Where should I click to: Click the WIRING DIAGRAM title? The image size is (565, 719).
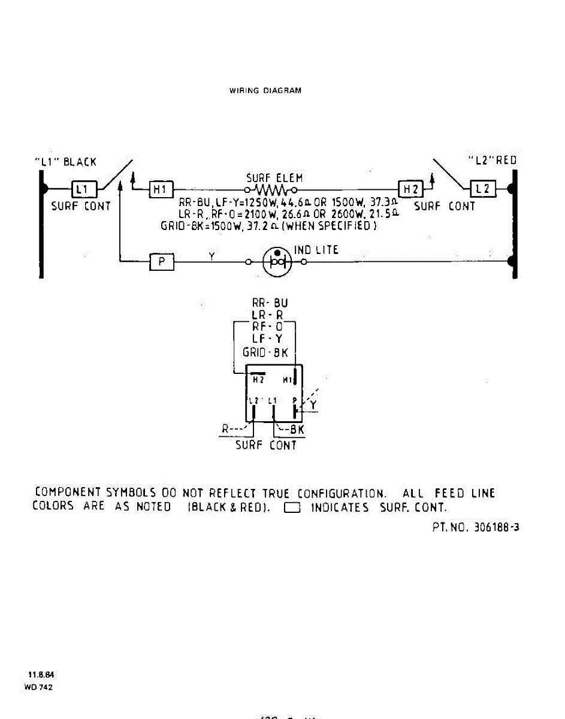(x=265, y=91)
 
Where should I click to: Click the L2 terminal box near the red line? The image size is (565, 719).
(x=482, y=189)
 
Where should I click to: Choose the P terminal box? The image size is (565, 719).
(x=161, y=262)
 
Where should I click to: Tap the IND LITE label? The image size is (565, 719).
(x=316, y=250)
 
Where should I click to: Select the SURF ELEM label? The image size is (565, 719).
(x=274, y=178)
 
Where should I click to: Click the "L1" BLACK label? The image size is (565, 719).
(x=65, y=162)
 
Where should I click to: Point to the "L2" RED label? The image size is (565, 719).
(x=492, y=161)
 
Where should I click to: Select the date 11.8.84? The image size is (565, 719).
(x=38, y=675)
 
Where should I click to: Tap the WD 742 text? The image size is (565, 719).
(x=38, y=687)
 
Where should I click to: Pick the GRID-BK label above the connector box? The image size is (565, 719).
(x=265, y=352)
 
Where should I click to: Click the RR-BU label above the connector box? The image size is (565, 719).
(x=270, y=303)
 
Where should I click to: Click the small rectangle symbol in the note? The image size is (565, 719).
(x=292, y=508)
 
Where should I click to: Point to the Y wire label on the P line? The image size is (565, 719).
(x=212, y=255)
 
